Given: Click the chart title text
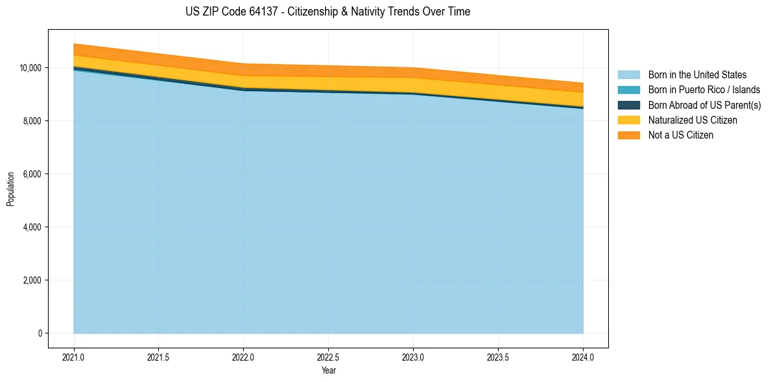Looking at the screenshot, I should point(327,12).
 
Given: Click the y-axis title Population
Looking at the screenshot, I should point(10,189).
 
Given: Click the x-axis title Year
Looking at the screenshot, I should point(328,370).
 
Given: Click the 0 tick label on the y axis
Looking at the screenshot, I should point(40,333).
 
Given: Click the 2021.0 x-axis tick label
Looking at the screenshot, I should point(74,357).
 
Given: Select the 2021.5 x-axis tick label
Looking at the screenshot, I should point(159,357).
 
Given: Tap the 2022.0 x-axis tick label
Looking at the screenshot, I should point(243,357).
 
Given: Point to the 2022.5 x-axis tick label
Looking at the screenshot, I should point(328,357).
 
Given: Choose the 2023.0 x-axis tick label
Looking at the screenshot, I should point(413,357).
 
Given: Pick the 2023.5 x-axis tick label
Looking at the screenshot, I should point(498,357).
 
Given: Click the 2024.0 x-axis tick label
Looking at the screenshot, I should point(583,357).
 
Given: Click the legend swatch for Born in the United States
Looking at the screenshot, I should point(628,75).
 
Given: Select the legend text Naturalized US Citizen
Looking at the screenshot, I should point(693,120).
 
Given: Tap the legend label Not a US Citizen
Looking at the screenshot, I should point(681,135).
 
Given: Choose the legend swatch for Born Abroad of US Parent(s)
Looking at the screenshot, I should point(628,105).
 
